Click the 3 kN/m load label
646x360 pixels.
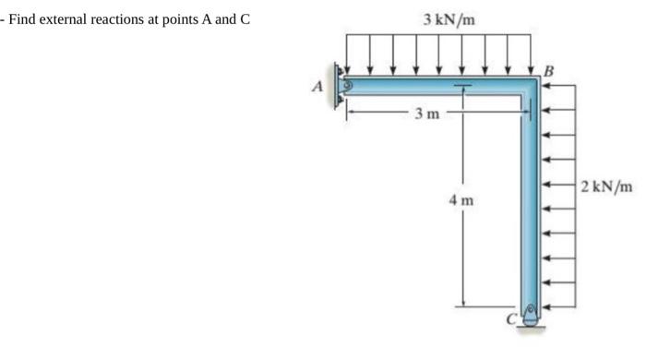pos(449,19)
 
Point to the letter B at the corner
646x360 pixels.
pos(550,69)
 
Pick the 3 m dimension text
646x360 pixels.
pos(426,114)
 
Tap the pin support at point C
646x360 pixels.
pos(530,314)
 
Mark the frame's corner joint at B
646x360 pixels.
pos(531,86)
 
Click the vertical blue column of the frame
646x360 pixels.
pos(530,203)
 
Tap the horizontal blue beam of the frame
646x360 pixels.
pos(434,86)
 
